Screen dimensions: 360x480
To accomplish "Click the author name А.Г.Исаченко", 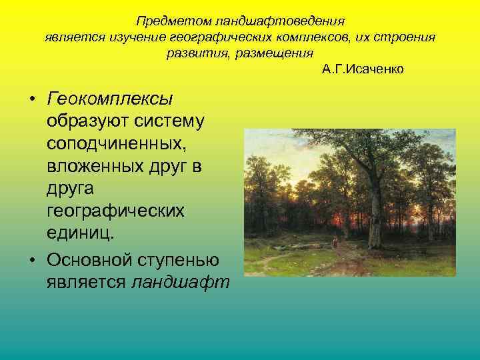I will point(362,69).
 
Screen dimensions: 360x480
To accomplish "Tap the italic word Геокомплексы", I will point(110,99).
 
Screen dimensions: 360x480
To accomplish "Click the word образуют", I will point(85,121).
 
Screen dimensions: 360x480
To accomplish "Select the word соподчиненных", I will point(115,144).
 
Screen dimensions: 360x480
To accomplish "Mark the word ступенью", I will point(183,259).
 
